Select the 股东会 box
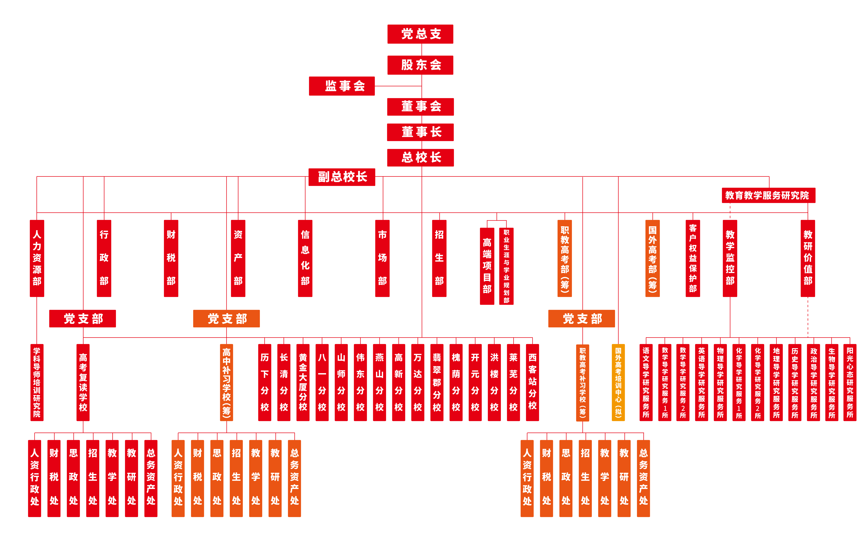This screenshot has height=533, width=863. pos(420,65)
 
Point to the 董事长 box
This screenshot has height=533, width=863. pos(420,132)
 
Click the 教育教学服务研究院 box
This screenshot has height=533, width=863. pos(768,195)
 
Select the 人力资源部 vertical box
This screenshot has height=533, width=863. pos(37,258)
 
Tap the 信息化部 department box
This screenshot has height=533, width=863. pos(305,258)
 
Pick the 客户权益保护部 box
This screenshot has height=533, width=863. pos(693,258)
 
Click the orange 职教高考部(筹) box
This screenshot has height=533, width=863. pos(565,258)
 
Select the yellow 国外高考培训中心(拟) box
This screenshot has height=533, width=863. pos(618,382)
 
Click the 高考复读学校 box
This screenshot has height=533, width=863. pos(83,382)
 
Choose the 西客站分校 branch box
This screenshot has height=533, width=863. pos(532,382)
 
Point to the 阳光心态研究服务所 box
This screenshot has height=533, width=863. pos(850,382)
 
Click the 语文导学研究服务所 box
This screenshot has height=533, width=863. pos(646,382)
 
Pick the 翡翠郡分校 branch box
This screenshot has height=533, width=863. pos(437,382)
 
